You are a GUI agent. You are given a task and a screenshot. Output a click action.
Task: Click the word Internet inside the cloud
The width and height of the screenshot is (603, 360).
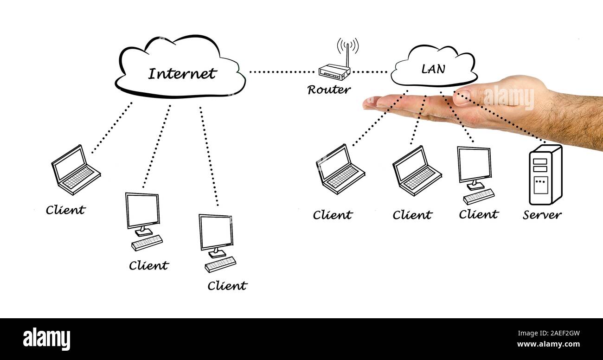pyautogui.click(x=182, y=74)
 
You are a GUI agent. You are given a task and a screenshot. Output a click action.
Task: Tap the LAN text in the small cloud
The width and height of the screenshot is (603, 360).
pyautogui.click(x=433, y=69)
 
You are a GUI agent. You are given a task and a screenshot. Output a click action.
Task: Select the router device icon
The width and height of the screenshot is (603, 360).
pyautogui.click(x=334, y=72)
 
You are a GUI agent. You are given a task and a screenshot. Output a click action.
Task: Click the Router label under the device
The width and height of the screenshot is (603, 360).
pyautogui.click(x=329, y=90)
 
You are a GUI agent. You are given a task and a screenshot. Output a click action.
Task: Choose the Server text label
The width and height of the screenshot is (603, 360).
pyautogui.click(x=542, y=215)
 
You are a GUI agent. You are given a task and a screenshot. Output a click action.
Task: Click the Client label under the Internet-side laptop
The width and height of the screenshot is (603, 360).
pyautogui.click(x=65, y=210)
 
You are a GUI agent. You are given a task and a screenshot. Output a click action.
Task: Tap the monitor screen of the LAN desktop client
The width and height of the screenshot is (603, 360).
pyautogui.click(x=474, y=165)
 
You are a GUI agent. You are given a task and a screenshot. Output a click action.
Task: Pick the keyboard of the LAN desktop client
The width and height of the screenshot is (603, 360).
pyautogui.click(x=478, y=197)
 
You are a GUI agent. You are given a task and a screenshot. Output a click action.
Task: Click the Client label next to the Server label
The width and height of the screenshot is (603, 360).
pyautogui.click(x=478, y=214)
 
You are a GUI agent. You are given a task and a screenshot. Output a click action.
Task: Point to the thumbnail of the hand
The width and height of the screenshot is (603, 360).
pyautogui.click(x=462, y=97)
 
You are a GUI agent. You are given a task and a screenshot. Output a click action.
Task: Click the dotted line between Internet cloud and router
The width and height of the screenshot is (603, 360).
pyautogui.click(x=281, y=72)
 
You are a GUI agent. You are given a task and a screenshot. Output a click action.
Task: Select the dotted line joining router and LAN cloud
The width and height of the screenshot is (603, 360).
pyautogui.click(x=370, y=72)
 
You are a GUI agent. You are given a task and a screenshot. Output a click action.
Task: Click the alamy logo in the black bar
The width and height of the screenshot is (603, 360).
pyautogui.click(x=46, y=339)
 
